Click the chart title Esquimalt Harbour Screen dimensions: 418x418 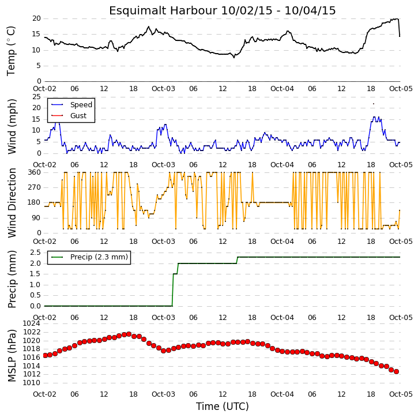(163, 10)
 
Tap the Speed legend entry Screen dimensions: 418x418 (71, 105)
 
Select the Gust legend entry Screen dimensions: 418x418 (69, 116)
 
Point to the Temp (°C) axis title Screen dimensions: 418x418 (11, 51)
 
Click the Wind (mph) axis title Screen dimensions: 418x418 (12, 127)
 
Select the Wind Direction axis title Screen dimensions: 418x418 (12, 203)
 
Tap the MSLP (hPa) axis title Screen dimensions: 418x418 (12, 356)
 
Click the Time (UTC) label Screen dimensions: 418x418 (223, 406)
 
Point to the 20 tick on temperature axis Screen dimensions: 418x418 (36, 18)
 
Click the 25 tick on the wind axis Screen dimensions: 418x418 (36, 97)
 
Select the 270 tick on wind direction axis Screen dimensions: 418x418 (35, 187)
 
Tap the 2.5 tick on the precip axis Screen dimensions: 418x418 (35, 253)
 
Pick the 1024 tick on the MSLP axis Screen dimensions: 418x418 (32, 323)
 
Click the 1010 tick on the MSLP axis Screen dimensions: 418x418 (32, 383)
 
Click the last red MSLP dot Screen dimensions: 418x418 (396, 372)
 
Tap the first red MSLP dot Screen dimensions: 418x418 (45, 355)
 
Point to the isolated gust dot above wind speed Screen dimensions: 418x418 (374, 104)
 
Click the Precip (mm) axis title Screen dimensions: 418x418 (12, 280)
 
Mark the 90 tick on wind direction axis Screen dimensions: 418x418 (36, 218)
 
